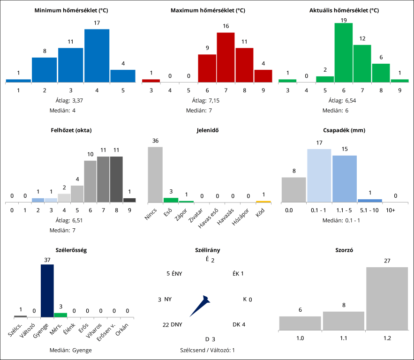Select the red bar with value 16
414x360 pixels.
point(226,57)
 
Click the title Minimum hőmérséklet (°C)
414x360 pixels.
point(71,10)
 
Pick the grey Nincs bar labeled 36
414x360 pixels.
point(155,174)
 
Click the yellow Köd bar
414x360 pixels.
point(263,202)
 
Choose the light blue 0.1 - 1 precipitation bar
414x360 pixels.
point(319,175)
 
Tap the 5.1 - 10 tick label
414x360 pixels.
point(369,210)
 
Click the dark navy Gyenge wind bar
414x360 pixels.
point(47,291)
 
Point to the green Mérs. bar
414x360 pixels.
point(60,315)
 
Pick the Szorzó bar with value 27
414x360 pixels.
point(387,299)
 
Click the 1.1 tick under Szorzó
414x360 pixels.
point(343,338)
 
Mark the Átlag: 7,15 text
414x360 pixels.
point(207,100)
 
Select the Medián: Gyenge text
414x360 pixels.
point(71,350)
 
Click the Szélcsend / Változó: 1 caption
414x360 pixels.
point(207,350)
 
